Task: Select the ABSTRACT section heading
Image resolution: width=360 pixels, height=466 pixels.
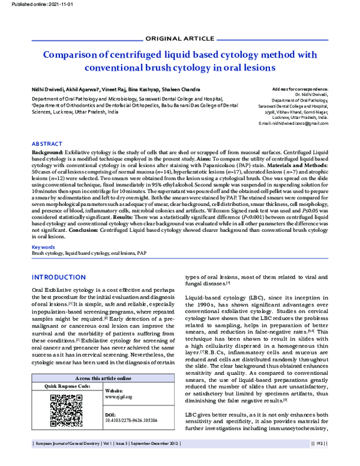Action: point(46,145)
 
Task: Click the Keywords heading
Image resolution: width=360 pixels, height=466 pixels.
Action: point(43,247)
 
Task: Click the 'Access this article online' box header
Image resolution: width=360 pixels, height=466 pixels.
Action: point(104,378)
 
